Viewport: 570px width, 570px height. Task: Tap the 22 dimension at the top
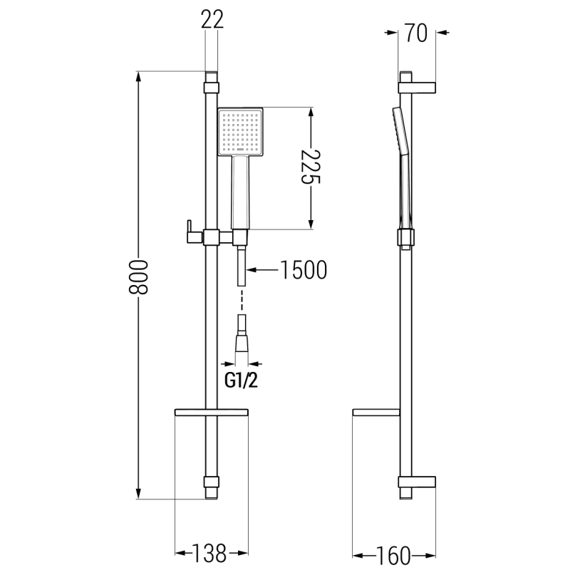click(212, 20)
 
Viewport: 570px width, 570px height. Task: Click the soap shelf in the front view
click(211, 413)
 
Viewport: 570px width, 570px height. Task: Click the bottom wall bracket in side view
click(418, 482)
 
